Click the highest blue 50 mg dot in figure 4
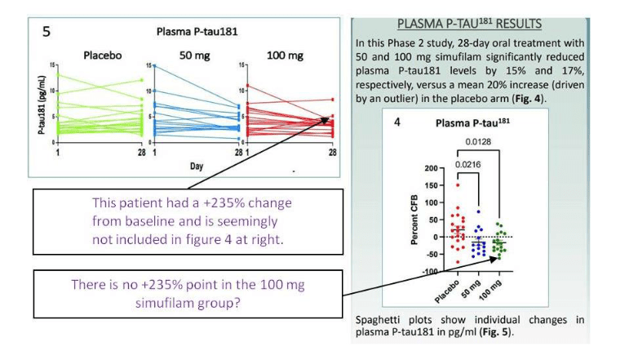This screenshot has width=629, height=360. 478,211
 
